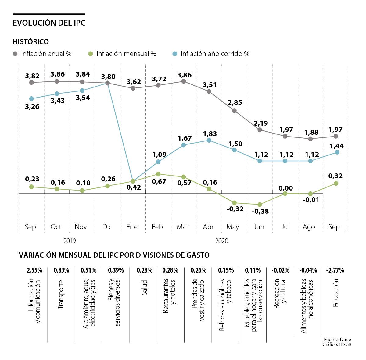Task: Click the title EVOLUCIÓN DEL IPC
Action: [x=49, y=23]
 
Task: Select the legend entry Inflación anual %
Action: [x=46, y=54]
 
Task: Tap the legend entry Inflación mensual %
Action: [x=126, y=54]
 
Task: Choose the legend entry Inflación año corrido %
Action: [x=215, y=54]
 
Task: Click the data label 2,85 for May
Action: [x=235, y=102]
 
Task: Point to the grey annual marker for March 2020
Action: [x=184, y=81]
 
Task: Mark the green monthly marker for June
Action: [x=260, y=205]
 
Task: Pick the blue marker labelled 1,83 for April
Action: [x=209, y=140]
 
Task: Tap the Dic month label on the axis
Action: [x=107, y=227]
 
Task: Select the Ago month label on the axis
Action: [x=309, y=227]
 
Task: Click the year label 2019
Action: [x=70, y=241]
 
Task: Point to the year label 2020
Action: [x=222, y=241]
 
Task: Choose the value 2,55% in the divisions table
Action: [x=34, y=270]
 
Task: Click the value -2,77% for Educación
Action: [x=335, y=270]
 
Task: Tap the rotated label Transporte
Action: [x=61, y=294]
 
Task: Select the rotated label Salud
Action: [x=144, y=287]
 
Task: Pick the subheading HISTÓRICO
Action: [x=31, y=42]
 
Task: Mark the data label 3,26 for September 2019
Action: [x=32, y=106]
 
